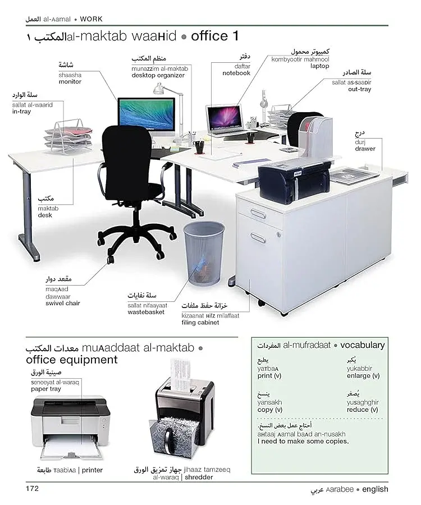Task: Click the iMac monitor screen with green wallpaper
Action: click(147, 112)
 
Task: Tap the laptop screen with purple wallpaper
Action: click(224, 117)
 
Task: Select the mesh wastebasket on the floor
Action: click(204, 254)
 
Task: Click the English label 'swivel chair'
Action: click(63, 303)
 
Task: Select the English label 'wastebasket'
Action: click(146, 312)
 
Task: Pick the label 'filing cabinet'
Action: click(200, 323)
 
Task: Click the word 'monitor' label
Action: click(70, 82)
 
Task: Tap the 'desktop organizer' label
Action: click(158, 75)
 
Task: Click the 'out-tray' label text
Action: click(359, 89)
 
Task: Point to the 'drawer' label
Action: click(365, 149)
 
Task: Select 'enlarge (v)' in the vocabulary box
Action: click(363, 376)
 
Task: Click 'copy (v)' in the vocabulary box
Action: click(270, 410)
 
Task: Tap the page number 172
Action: click(32, 489)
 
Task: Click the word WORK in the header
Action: click(91, 19)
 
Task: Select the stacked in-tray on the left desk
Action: click(68, 136)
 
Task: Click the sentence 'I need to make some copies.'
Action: click(303, 441)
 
